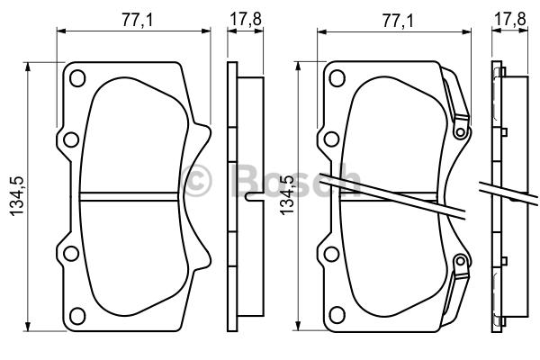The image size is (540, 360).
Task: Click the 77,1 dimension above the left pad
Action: click(x=137, y=21)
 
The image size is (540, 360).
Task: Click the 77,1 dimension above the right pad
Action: click(x=398, y=21)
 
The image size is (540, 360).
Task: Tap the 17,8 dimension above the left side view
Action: click(x=246, y=19)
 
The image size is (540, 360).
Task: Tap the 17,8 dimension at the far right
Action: click(x=509, y=19)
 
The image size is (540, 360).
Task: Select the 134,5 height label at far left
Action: click(x=17, y=196)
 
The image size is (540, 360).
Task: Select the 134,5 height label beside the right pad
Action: click(x=287, y=195)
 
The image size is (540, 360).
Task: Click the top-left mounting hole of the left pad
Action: click(x=77, y=78)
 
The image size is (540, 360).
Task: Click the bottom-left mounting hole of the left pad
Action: click(x=77, y=316)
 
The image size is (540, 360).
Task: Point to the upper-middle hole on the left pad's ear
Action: click(x=71, y=139)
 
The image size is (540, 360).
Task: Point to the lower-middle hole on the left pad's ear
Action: click(x=71, y=254)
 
